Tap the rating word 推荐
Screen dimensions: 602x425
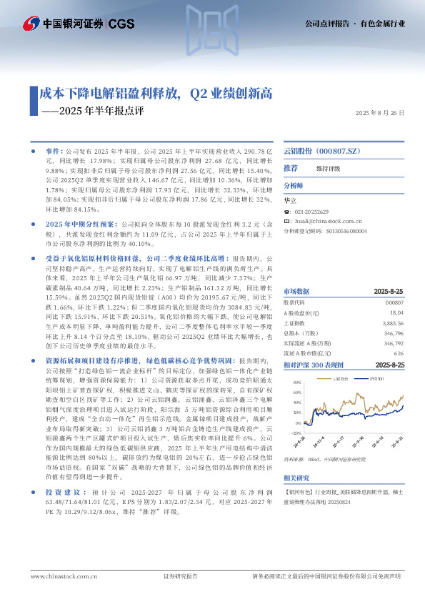pyautogui.click(x=291, y=168)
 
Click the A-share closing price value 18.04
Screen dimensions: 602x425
pyautogui.click(x=397, y=312)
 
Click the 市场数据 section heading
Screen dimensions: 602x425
pyautogui.click(x=296, y=292)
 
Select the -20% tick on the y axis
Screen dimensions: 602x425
pyautogui.click(x=295, y=433)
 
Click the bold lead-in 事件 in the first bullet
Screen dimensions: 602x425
pyautogui.click(x=54, y=152)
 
